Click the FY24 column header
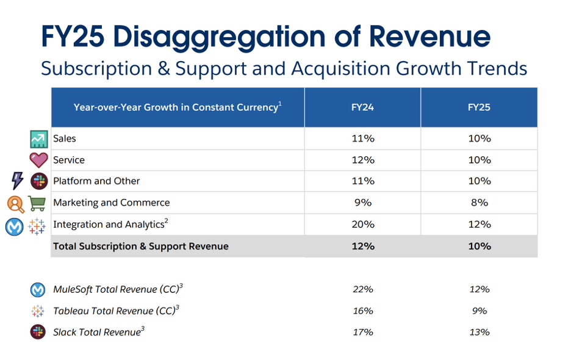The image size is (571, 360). coord(362,107)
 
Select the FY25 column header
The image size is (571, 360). coord(479,107)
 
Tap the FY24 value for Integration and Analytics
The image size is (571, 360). coord(362,225)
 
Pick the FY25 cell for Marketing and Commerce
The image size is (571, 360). coord(479,203)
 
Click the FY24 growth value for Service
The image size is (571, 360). coord(362,160)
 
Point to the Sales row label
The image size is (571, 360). coord(65,139)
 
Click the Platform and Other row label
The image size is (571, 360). coord(96,181)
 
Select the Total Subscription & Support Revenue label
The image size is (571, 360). coord(141,247)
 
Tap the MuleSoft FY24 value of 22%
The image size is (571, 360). coord(362,289)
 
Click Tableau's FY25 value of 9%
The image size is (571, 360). coord(479,311)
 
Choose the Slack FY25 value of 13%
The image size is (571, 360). coord(479,332)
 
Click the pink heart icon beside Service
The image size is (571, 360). coord(38,160)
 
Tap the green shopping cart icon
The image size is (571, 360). coord(37,203)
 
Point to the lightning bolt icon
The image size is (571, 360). coord(17,181)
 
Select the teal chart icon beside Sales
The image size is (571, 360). coord(38,139)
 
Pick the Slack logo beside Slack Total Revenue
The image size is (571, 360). coord(38,332)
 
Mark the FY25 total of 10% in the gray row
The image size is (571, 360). coord(479,247)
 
